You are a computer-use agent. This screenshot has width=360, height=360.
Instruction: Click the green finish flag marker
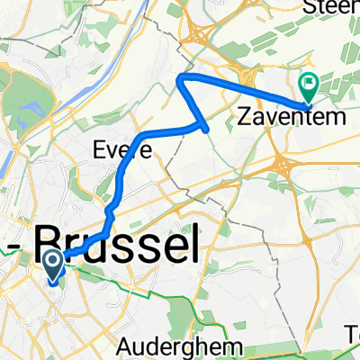pyautogui.click(x=310, y=85)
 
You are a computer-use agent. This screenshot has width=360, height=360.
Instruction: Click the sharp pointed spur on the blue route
pyautogui.click(x=209, y=130)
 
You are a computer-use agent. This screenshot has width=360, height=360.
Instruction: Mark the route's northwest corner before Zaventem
pyautogui.click(x=181, y=79)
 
